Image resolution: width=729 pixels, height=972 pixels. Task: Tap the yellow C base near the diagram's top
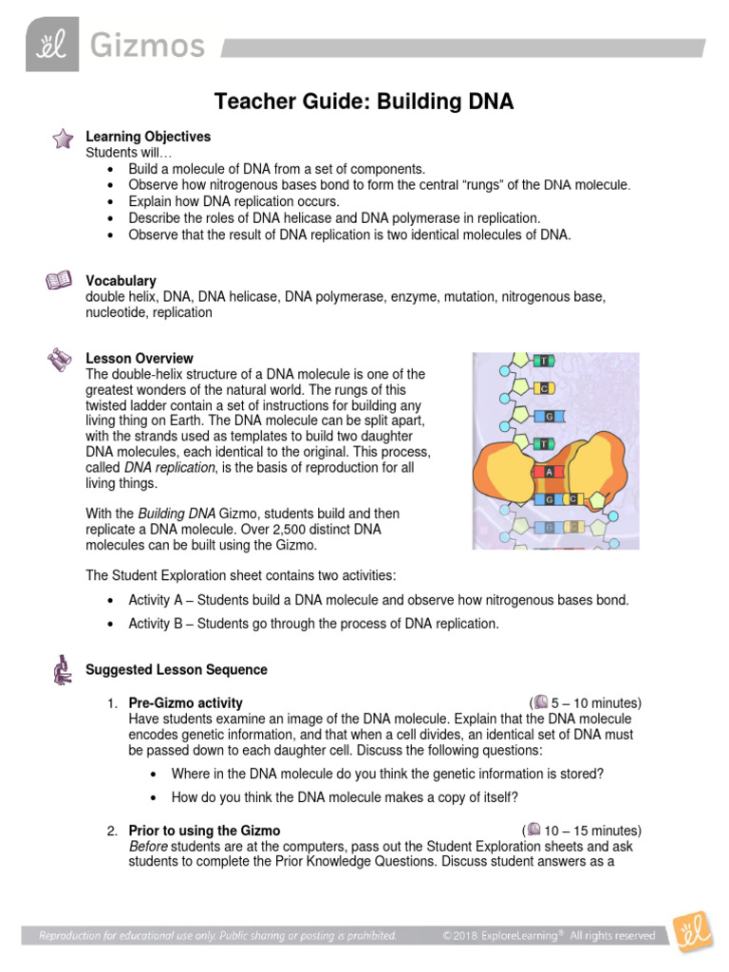544,388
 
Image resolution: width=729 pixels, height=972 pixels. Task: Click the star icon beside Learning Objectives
62,140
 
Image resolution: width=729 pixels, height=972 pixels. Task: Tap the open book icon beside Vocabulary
59,281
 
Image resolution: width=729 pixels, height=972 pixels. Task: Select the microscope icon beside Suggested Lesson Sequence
62,670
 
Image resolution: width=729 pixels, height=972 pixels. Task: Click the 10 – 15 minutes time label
591,831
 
